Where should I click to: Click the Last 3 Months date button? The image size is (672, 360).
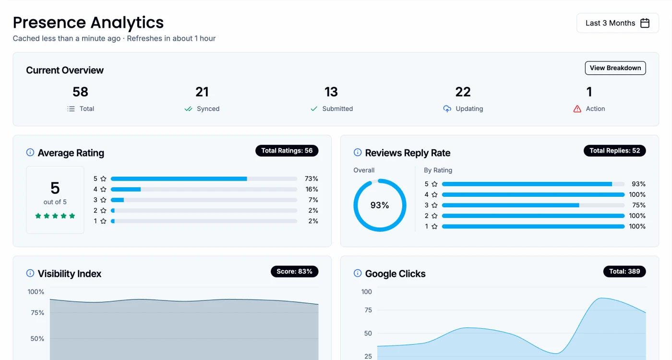point(617,23)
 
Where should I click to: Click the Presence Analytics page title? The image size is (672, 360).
point(88,23)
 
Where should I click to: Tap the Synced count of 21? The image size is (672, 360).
point(202,92)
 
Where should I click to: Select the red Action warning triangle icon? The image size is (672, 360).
point(577,109)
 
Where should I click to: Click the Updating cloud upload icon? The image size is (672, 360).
point(447,109)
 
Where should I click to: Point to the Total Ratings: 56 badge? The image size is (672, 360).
point(287,151)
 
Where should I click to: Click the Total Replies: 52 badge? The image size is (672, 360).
point(614,151)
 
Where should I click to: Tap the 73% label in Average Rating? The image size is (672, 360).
point(311,179)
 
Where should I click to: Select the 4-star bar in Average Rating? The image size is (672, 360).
point(204,189)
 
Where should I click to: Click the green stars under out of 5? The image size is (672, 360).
point(55,216)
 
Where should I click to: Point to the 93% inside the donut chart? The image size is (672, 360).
point(380,205)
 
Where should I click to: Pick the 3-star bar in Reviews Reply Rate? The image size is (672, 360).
point(533,205)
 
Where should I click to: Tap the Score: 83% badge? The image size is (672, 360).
point(294,272)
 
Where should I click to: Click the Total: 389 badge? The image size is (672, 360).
point(624,272)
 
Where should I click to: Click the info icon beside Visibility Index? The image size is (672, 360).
point(30,274)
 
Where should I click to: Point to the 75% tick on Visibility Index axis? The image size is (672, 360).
point(37,313)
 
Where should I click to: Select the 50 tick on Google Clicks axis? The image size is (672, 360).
point(367,334)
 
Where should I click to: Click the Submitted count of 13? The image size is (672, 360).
point(331,92)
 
